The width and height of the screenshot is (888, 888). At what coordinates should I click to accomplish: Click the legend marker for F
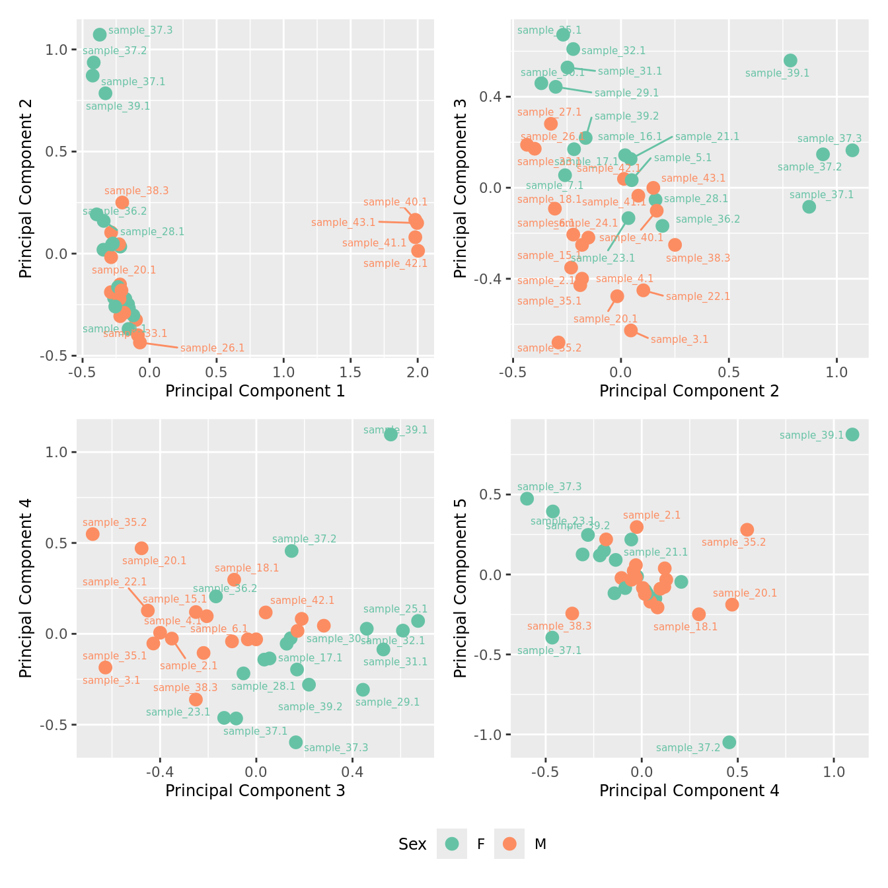point(452,844)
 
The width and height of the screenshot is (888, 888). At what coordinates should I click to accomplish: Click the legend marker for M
point(509,844)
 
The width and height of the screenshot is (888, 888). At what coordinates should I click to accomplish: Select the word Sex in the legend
point(412,844)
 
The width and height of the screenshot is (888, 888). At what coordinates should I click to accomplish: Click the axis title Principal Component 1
point(255,391)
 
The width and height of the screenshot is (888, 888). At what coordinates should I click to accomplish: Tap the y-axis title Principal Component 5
point(461,588)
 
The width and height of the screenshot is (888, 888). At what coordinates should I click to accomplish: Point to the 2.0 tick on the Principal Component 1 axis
point(418,371)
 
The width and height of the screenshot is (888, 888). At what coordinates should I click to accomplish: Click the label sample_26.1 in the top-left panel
point(212,348)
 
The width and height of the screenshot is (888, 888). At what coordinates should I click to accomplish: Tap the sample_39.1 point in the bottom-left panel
point(390,434)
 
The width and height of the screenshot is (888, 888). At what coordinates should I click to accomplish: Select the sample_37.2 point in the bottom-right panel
point(729,743)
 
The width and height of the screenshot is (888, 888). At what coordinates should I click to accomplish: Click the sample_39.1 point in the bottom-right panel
point(852,434)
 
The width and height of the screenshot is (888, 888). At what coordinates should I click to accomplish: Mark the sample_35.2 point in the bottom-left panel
point(92,534)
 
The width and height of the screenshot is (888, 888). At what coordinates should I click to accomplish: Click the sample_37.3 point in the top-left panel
point(100,35)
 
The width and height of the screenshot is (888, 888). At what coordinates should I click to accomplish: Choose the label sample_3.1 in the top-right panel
point(679,340)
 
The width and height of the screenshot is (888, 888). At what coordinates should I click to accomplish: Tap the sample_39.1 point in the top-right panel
point(790,61)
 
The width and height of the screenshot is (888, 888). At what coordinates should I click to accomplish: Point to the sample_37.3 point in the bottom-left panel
point(295,743)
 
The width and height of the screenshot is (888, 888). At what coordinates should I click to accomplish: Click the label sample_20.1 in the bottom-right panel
point(745,593)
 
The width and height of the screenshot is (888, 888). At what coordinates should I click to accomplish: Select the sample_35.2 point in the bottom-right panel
point(747,530)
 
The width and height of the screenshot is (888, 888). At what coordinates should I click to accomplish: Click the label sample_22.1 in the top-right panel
point(698,297)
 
